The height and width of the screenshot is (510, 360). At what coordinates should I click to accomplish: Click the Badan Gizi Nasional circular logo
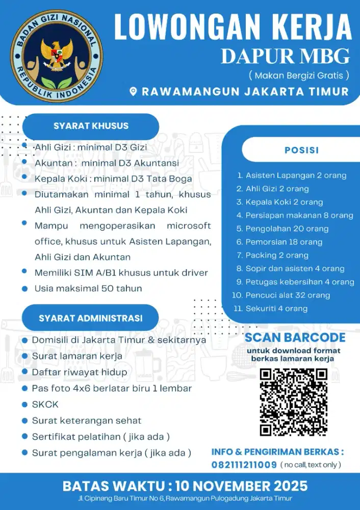(x=57, y=53)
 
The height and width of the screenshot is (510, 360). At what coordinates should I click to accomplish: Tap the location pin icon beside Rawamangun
(x=134, y=92)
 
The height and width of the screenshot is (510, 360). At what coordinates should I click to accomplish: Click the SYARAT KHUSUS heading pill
(x=91, y=126)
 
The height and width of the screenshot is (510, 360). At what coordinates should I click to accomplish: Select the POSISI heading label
(x=301, y=150)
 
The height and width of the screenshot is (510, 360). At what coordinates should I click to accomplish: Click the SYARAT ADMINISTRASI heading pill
(x=90, y=318)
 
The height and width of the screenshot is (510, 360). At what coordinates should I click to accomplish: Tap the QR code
(x=293, y=402)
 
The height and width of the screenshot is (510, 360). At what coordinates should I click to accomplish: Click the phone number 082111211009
(x=244, y=465)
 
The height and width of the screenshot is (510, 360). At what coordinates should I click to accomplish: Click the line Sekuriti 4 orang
(x=276, y=308)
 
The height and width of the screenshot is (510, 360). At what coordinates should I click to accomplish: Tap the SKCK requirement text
(x=45, y=404)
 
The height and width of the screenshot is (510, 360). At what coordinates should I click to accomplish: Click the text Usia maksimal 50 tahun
(x=88, y=288)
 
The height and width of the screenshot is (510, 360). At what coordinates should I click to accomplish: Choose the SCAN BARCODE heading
(x=295, y=338)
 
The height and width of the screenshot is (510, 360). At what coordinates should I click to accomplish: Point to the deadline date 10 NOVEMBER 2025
(x=242, y=485)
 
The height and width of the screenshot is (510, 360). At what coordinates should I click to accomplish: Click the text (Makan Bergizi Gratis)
(x=299, y=75)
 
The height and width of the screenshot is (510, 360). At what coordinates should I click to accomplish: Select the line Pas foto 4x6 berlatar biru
(x=112, y=388)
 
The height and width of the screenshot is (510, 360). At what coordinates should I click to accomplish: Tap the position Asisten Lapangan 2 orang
(x=296, y=175)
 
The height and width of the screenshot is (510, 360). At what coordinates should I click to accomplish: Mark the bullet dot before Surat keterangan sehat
(x=24, y=421)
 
